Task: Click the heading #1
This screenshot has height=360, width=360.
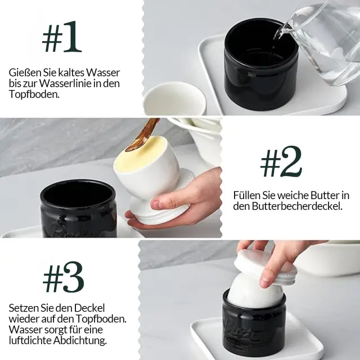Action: tap(62, 37)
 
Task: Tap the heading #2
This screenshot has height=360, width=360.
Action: tap(281, 161)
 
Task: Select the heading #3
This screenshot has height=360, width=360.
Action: tap(64, 277)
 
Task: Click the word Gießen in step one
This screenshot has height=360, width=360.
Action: tap(22, 73)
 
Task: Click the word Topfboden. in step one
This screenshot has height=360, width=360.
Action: tap(34, 94)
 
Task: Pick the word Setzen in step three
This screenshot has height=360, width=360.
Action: tap(24, 308)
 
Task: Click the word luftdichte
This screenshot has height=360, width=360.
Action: tap(30, 340)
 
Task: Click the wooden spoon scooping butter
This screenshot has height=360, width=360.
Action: tap(142, 135)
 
